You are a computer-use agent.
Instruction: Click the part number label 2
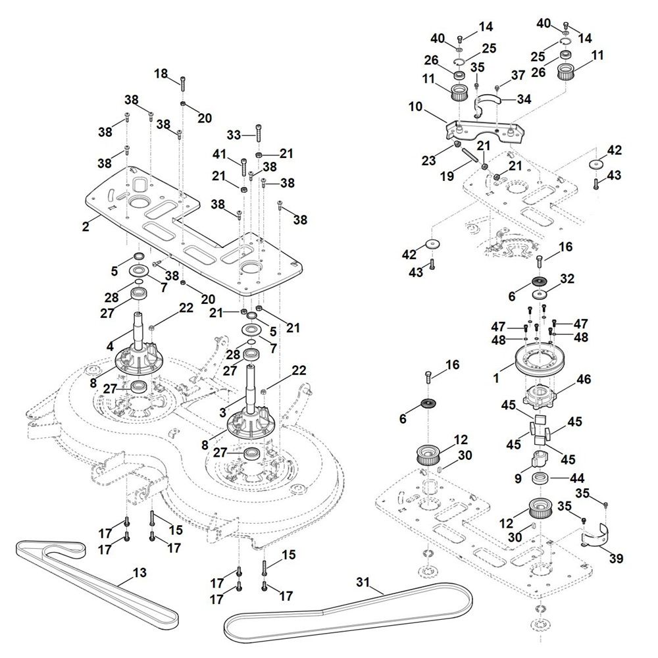click(x=85, y=227)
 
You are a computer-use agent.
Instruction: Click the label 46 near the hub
click(x=584, y=379)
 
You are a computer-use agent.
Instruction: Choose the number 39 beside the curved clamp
click(x=616, y=559)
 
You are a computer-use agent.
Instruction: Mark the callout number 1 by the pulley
click(x=497, y=379)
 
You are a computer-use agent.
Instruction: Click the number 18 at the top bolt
click(x=161, y=74)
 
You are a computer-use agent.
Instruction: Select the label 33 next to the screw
click(x=234, y=134)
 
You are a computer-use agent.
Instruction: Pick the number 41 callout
click(x=219, y=155)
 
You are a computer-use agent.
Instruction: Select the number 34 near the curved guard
click(x=524, y=99)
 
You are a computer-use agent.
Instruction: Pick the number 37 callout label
click(x=518, y=75)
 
